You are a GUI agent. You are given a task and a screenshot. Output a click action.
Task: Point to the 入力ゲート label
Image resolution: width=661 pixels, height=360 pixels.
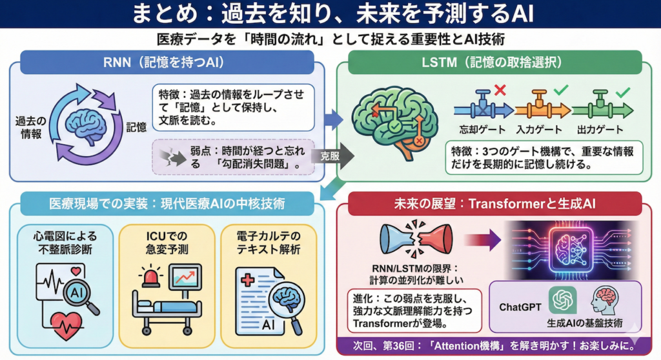click(x=544, y=129)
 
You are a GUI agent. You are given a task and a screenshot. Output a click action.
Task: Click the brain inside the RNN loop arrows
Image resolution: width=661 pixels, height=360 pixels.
click(x=88, y=119)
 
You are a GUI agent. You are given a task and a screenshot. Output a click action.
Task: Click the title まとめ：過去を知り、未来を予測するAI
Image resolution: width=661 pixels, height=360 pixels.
click(x=330, y=14)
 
